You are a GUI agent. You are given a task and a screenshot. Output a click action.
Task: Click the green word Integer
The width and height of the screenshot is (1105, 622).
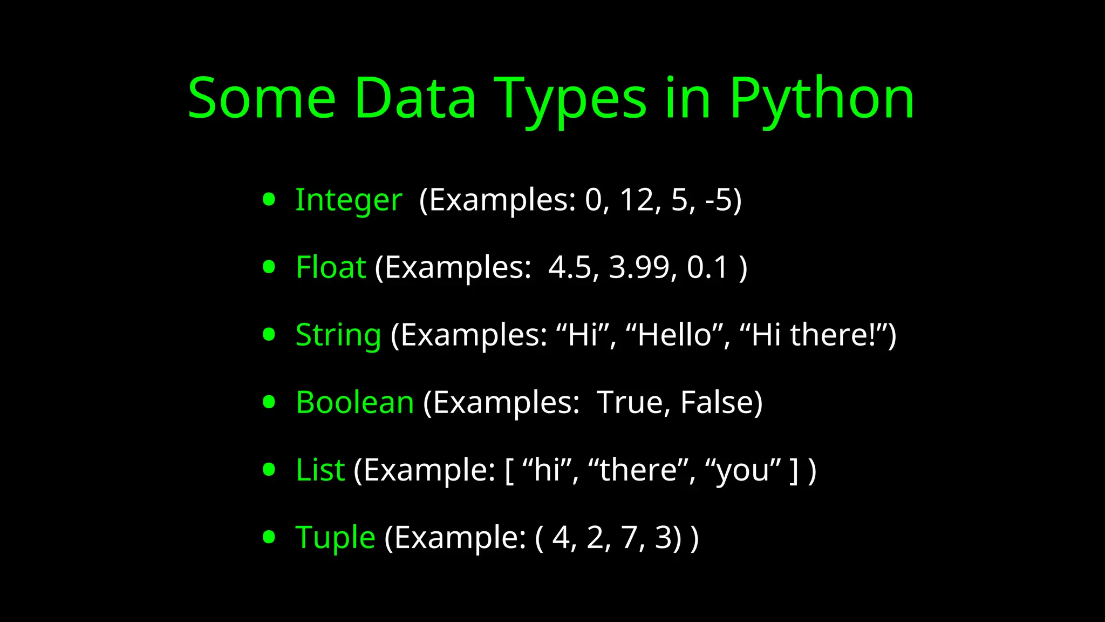pyautogui.click(x=349, y=200)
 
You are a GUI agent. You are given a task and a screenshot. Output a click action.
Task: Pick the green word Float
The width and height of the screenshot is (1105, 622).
pyautogui.click(x=331, y=267)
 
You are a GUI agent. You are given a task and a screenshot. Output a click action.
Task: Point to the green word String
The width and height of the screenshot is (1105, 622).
pyautogui.click(x=338, y=335)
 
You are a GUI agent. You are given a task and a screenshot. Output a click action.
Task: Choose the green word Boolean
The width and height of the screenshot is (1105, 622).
pyautogui.click(x=355, y=402)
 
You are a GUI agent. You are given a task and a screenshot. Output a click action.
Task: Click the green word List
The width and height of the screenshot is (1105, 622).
pyautogui.click(x=320, y=470)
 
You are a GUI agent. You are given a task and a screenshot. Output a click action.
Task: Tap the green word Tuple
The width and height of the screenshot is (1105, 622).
pyautogui.click(x=335, y=537)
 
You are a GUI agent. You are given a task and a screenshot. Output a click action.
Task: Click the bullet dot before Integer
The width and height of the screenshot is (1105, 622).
pyautogui.click(x=269, y=200)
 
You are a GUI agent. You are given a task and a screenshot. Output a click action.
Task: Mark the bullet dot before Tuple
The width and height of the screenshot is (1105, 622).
pyautogui.click(x=269, y=537)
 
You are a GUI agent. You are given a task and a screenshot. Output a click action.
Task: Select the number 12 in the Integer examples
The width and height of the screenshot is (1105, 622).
pyautogui.click(x=637, y=200)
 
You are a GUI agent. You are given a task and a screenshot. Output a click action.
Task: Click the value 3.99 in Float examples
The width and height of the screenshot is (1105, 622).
pyautogui.click(x=639, y=267)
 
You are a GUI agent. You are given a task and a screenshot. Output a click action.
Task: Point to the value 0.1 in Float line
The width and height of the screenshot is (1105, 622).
pyautogui.click(x=707, y=267)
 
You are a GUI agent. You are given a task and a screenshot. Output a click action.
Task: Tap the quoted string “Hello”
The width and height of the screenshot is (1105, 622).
pyautogui.click(x=674, y=335)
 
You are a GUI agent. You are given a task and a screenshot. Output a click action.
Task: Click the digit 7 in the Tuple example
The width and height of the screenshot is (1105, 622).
pyautogui.click(x=629, y=537)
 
